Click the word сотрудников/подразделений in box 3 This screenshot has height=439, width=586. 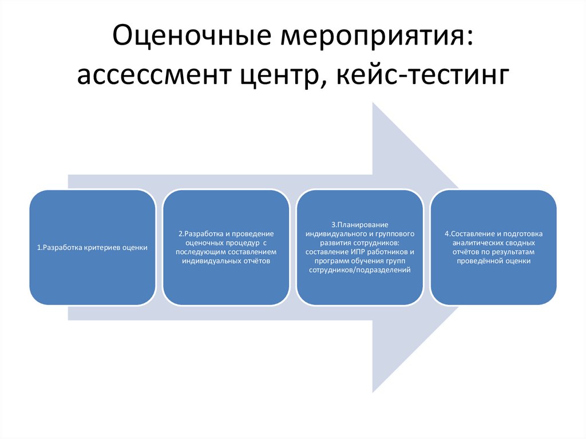pos(359,270)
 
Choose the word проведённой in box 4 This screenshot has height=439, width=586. pos(480,261)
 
